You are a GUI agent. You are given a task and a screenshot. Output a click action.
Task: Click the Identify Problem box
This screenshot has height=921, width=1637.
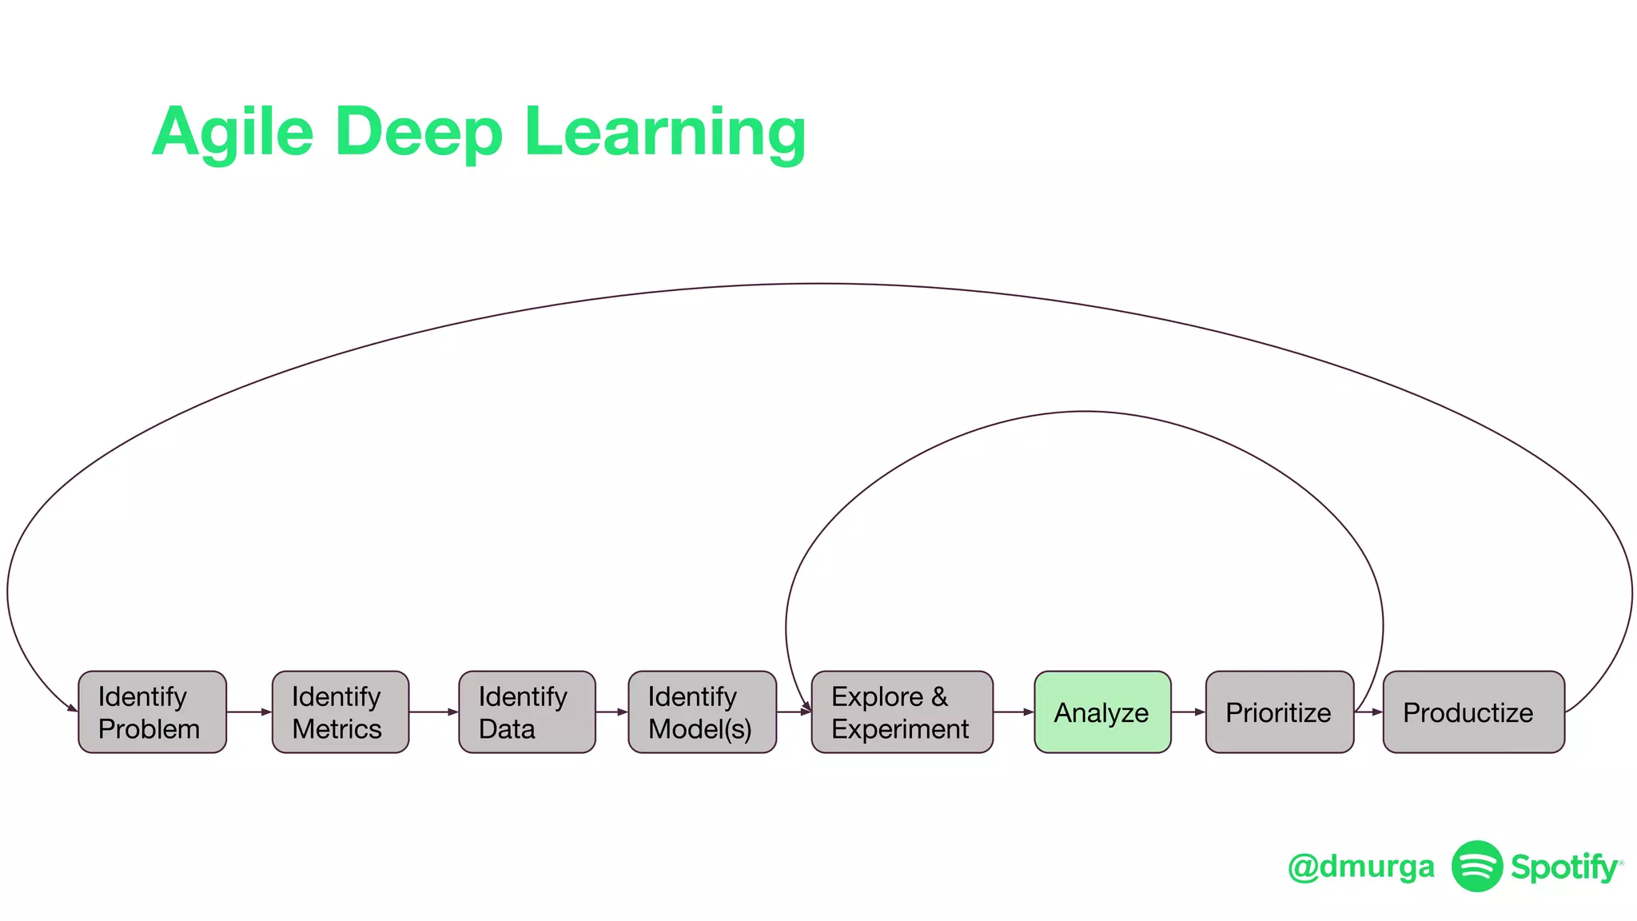point(152,712)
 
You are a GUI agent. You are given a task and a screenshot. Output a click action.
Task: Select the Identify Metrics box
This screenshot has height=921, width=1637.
point(341,712)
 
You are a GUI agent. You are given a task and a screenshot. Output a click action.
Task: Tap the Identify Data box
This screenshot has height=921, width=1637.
point(527,712)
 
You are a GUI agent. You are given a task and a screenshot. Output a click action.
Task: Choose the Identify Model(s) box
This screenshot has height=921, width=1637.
point(702,712)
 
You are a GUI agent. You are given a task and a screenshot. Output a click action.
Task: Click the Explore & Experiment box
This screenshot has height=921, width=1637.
point(902,712)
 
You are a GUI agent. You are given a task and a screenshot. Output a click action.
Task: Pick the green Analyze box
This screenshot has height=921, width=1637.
point(1102,712)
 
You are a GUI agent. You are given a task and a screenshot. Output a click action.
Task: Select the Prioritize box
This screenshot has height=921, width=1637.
point(1279,712)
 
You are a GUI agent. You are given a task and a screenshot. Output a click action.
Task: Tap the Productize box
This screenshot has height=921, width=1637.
point(1473,712)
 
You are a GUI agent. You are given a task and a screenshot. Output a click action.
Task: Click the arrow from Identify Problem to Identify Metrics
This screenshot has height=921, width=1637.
point(249,712)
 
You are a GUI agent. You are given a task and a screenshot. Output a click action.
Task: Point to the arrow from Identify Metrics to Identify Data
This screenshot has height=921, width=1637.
point(434,712)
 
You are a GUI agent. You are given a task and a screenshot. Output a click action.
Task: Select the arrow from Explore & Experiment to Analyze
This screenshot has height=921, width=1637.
point(1014,712)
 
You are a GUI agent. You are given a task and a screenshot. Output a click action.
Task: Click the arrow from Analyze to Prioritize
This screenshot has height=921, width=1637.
point(1189,712)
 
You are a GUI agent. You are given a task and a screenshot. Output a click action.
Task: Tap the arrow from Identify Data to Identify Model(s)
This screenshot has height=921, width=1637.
point(612,712)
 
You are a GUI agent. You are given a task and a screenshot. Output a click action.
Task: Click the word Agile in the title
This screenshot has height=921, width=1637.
point(233,133)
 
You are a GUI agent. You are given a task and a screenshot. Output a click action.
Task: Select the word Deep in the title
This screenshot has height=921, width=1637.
point(419,133)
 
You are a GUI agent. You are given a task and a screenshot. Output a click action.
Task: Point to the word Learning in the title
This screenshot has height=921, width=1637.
point(665,133)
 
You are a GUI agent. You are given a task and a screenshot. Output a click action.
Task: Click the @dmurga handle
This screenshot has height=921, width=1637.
point(1361,867)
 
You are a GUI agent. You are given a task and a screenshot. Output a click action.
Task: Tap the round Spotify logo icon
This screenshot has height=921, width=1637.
point(1477,866)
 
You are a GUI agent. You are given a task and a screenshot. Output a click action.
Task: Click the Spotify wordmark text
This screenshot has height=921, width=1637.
point(1563,867)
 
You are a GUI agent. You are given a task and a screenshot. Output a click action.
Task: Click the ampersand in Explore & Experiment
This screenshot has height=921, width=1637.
point(939,696)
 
